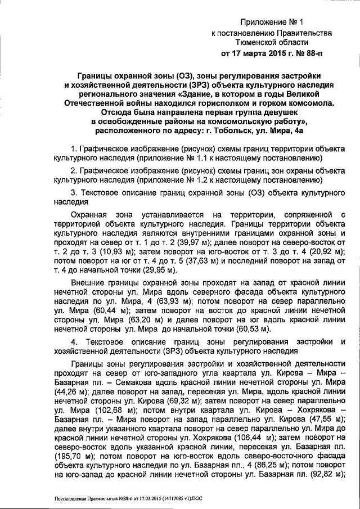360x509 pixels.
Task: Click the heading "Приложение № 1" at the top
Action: [x=271, y=22]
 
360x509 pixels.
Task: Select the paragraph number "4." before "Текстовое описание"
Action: [x=74, y=343]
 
